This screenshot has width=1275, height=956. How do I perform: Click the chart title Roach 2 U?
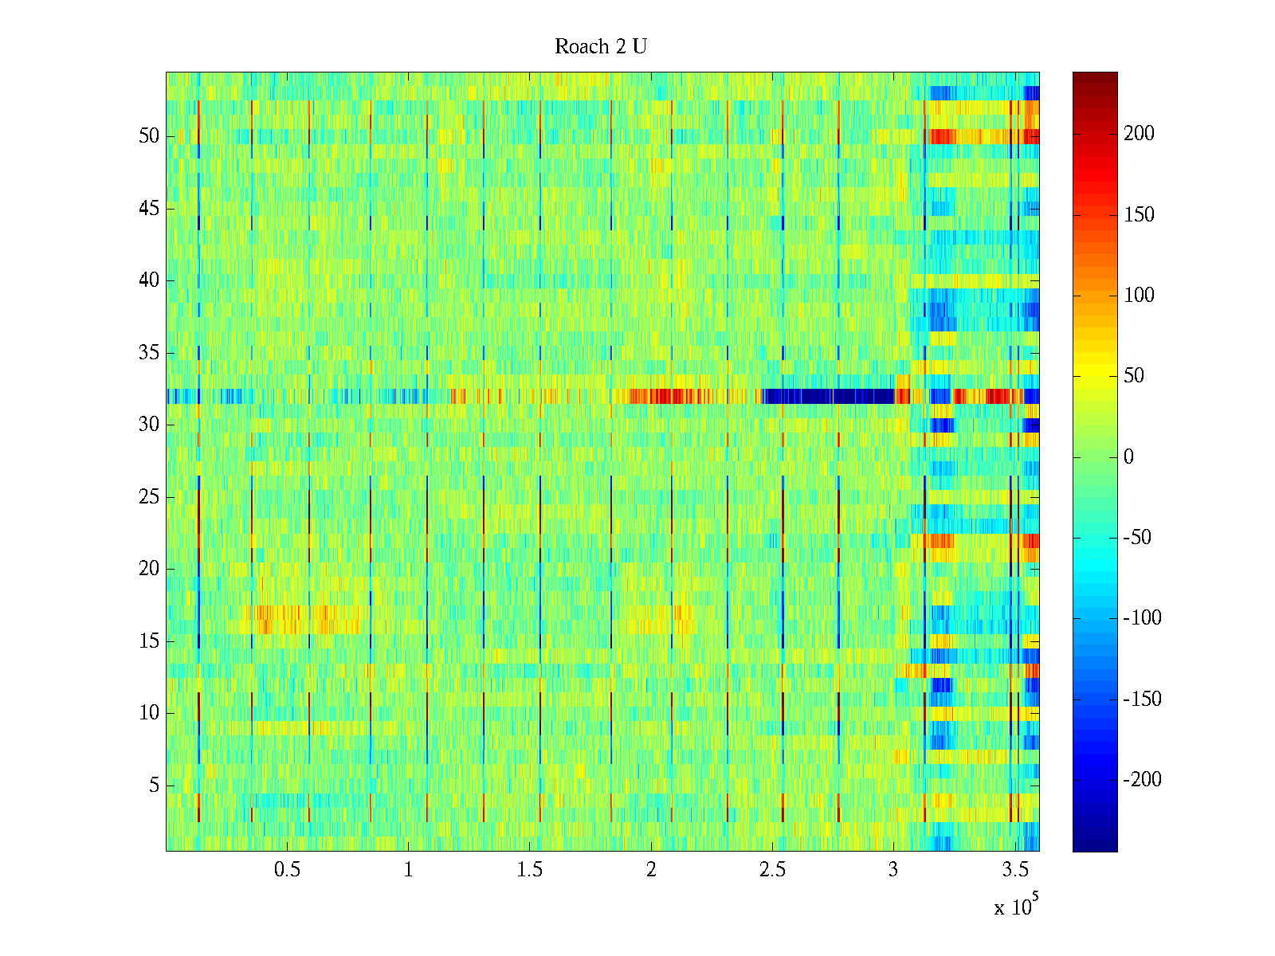click(600, 47)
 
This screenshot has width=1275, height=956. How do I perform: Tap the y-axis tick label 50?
click(149, 136)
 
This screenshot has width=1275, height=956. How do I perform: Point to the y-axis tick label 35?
click(149, 353)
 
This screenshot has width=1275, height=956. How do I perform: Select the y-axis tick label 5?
click(154, 786)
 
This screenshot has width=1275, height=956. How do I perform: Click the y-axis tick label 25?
click(149, 497)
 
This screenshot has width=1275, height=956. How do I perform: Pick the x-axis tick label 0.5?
click(287, 870)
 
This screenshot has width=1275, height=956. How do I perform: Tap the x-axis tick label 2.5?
click(772, 870)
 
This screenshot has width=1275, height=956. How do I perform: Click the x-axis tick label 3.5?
click(1014, 870)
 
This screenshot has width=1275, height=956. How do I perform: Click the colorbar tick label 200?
click(1139, 134)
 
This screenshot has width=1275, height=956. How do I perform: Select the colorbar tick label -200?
click(1142, 780)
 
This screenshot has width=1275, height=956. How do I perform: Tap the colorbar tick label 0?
click(1128, 457)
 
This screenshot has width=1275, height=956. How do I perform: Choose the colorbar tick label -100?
click(1142, 618)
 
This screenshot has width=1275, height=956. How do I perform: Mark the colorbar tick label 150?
click(1139, 215)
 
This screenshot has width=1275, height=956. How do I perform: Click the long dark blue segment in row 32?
click(829, 396)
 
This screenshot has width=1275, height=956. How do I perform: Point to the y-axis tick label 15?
click(149, 641)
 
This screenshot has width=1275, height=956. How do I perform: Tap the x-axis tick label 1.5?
click(530, 870)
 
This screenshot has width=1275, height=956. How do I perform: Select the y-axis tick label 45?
click(149, 209)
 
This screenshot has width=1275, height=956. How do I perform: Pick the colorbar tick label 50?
click(1134, 376)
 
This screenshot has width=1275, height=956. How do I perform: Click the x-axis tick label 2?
click(651, 870)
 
